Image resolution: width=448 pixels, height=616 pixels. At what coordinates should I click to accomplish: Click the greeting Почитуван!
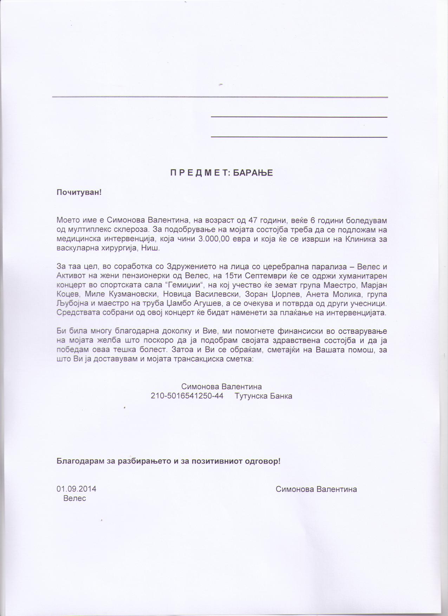click(79, 192)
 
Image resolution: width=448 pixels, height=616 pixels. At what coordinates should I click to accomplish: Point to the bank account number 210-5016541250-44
click(187, 396)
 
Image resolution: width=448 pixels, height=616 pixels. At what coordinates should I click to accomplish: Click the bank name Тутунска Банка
click(264, 396)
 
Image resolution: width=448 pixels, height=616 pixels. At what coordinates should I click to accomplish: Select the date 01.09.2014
click(76, 489)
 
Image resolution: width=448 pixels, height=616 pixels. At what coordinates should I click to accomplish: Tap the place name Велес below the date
click(74, 498)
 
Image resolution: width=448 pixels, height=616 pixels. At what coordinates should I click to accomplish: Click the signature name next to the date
click(316, 489)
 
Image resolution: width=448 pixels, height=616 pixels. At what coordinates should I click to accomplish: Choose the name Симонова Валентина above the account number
click(221, 387)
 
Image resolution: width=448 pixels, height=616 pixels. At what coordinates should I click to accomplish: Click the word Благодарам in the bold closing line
click(80, 461)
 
